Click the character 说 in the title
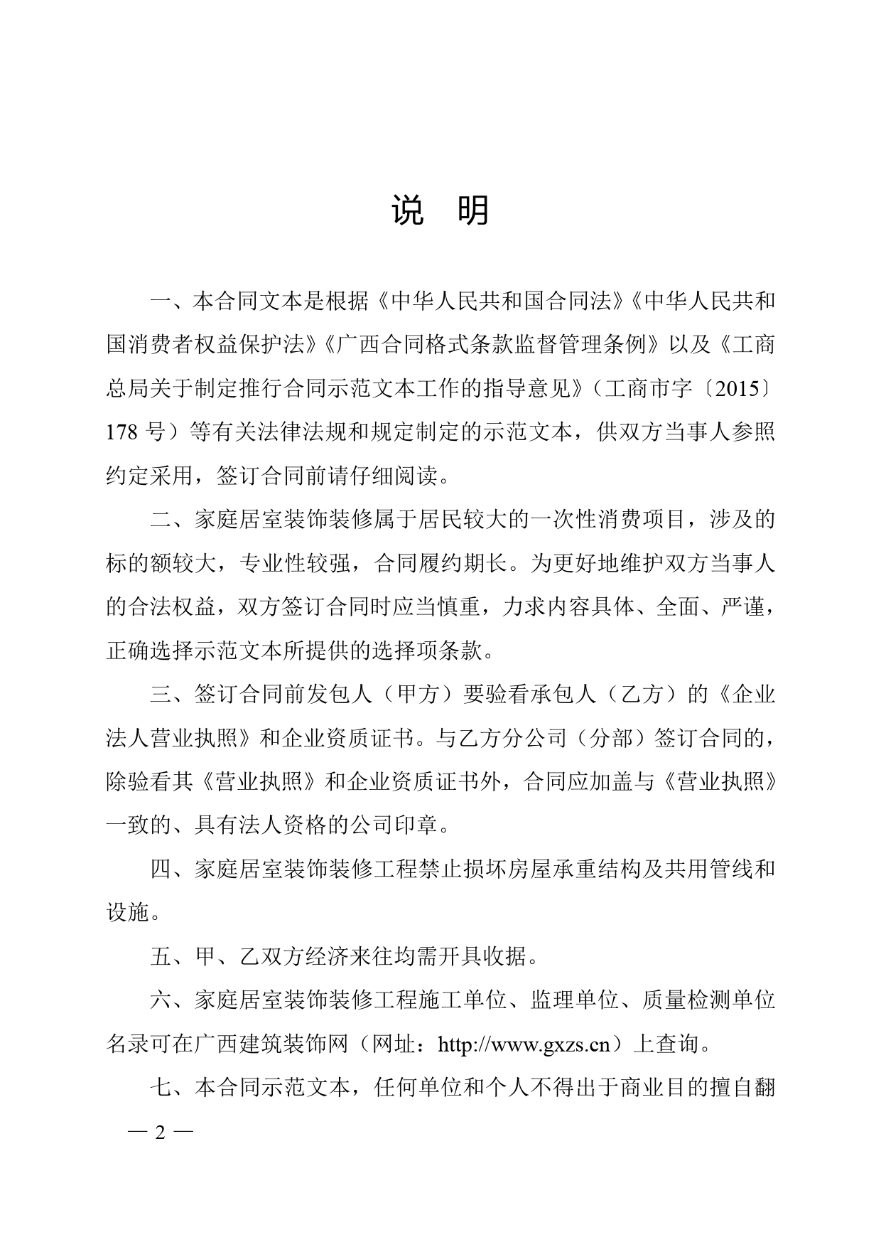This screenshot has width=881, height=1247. (408, 211)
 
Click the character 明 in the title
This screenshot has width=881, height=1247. (472, 211)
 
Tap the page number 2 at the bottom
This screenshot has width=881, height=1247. (160, 1133)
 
